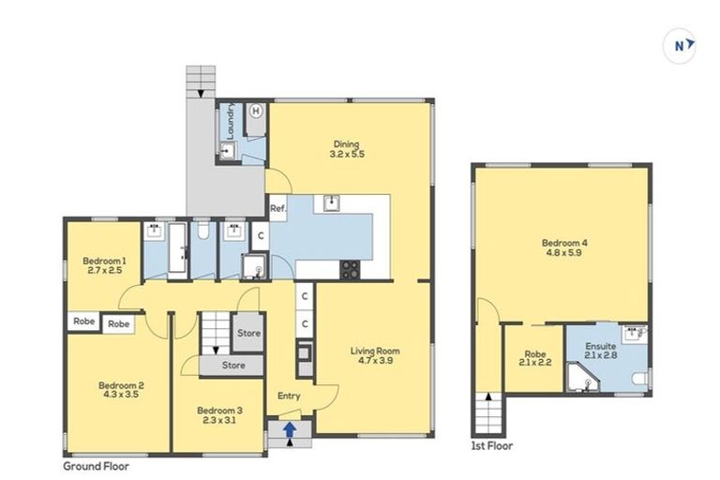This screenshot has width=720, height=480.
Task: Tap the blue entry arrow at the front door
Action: (x=290, y=429)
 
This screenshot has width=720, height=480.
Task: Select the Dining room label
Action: (x=345, y=149)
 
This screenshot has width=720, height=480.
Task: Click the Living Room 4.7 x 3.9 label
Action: (x=374, y=357)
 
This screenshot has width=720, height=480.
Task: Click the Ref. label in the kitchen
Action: (x=277, y=208)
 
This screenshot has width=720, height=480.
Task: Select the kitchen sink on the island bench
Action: (x=331, y=202)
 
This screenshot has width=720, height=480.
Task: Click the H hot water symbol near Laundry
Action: (x=256, y=111)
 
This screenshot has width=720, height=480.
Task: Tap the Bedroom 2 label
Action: (x=120, y=389)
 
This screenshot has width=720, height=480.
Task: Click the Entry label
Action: (x=288, y=396)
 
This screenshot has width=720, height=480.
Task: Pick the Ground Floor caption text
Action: (x=96, y=465)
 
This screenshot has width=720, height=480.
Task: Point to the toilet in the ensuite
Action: (x=640, y=379)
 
